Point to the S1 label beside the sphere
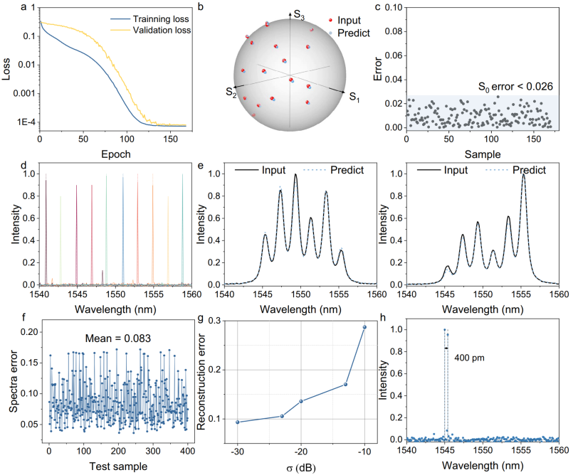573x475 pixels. pos(354,98)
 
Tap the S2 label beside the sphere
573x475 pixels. pos(231,90)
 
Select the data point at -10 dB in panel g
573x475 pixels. pos(365,327)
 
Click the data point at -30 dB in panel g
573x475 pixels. pos(238,422)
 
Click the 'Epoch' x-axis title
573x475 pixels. pos(114,153)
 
